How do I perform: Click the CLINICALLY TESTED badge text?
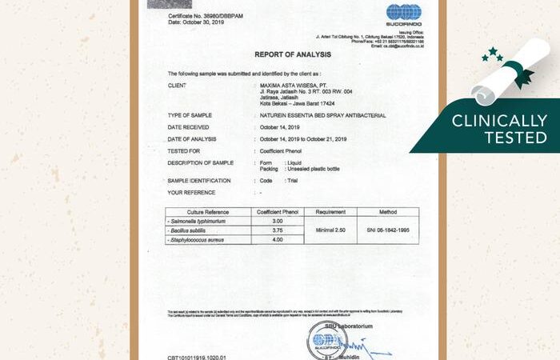click(499, 130)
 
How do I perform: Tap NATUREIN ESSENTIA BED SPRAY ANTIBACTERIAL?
click(322, 115)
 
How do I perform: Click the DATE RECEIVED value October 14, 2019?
click(279, 126)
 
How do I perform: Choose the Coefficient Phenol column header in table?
click(278, 212)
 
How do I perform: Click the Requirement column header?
click(330, 212)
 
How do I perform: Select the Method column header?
click(387, 212)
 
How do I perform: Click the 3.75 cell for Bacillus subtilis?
click(278, 230)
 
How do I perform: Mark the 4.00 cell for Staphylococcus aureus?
click(278, 239)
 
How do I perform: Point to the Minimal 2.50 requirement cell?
click(330, 230)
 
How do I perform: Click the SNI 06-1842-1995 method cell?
click(387, 230)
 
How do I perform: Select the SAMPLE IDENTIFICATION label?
click(199, 181)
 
